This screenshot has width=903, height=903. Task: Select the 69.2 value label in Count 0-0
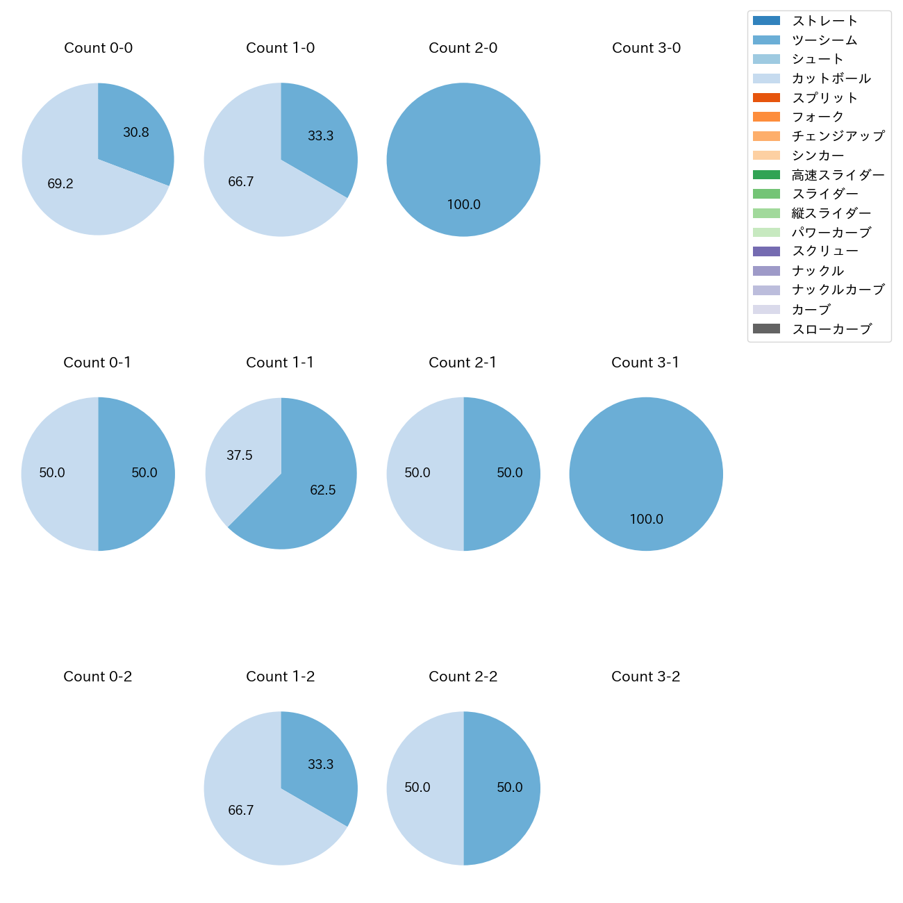click(60, 184)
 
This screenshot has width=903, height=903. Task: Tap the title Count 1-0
click(281, 48)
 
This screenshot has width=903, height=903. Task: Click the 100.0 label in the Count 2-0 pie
click(463, 205)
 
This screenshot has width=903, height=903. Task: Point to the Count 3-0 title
click(646, 48)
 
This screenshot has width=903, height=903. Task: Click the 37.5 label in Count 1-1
click(240, 456)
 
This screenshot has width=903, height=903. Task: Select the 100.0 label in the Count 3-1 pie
click(646, 520)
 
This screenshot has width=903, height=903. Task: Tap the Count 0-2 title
click(98, 677)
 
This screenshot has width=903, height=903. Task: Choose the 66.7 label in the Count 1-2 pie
click(241, 811)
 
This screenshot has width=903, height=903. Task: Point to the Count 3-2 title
click(646, 677)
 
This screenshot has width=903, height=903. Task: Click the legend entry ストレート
click(825, 21)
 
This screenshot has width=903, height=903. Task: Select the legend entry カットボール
click(831, 78)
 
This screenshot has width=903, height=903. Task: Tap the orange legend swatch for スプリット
click(766, 98)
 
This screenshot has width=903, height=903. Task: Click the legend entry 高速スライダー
click(838, 175)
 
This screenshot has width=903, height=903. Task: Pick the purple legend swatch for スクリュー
click(766, 251)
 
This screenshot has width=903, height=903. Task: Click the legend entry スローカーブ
click(831, 329)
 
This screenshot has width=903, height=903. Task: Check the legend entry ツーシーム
click(825, 40)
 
